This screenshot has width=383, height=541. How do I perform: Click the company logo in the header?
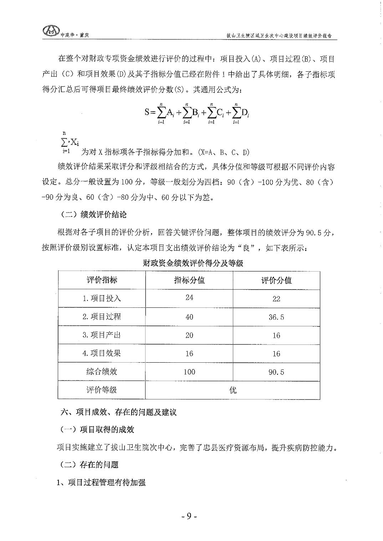[x=50, y=31]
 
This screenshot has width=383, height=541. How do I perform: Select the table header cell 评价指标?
[x=102, y=280]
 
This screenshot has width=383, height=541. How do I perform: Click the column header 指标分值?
[x=189, y=280]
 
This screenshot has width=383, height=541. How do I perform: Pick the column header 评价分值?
[x=276, y=280]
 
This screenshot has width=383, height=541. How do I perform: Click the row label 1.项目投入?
[x=102, y=298]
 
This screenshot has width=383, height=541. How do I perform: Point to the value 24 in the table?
[x=189, y=297]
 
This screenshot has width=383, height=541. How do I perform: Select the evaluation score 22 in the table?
[x=276, y=299]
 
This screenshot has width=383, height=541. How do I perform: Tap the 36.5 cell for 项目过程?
[x=276, y=317]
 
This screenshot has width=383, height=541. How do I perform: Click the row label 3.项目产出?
[x=102, y=335]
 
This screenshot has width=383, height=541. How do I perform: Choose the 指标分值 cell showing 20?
[x=189, y=335]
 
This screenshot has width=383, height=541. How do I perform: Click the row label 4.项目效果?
[x=102, y=353]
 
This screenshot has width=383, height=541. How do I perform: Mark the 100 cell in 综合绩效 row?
[x=189, y=372]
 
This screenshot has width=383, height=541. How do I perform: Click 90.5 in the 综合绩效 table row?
[x=276, y=372]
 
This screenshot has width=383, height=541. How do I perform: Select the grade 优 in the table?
[x=233, y=390]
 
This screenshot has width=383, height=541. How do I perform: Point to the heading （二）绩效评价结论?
[x=94, y=215]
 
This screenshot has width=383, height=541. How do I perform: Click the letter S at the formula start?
[x=147, y=112]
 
